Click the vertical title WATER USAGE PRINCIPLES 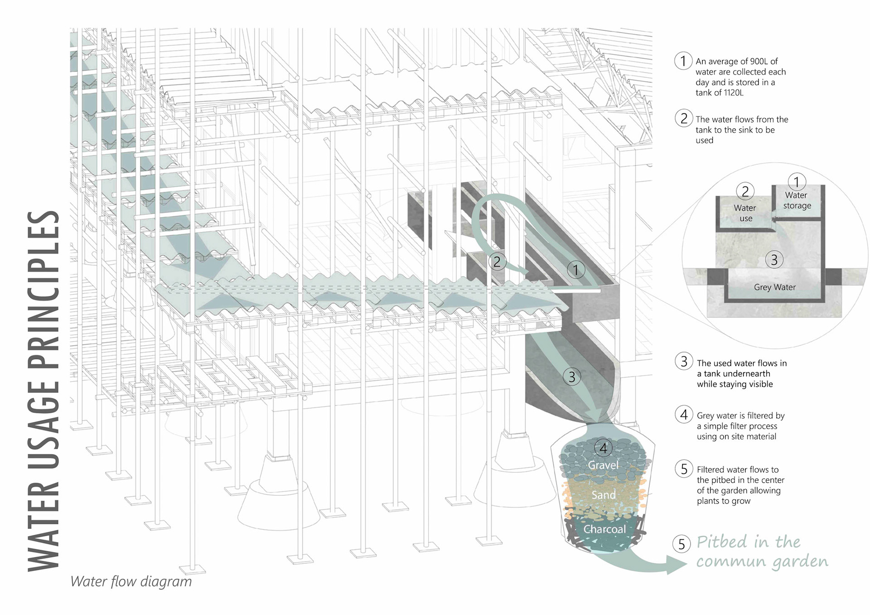(x=44, y=391)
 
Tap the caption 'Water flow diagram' (x=131, y=581)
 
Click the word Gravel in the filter (x=603, y=465)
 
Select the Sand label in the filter (x=604, y=495)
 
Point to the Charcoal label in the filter (x=604, y=529)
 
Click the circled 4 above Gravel (x=603, y=448)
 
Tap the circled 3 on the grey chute (x=572, y=377)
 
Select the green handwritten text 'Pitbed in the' (x=748, y=542)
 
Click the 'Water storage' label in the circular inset (x=797, y=200)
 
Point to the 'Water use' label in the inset (x=745, y=213)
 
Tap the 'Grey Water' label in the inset (x=774, y=287)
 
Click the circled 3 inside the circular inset (x=774, y=260)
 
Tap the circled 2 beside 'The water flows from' (x=684, y=119)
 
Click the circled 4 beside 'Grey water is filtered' (x=684, y=415)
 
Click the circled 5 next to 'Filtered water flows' (x=684, y=469)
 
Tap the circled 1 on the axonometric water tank (x=575, y=270)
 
